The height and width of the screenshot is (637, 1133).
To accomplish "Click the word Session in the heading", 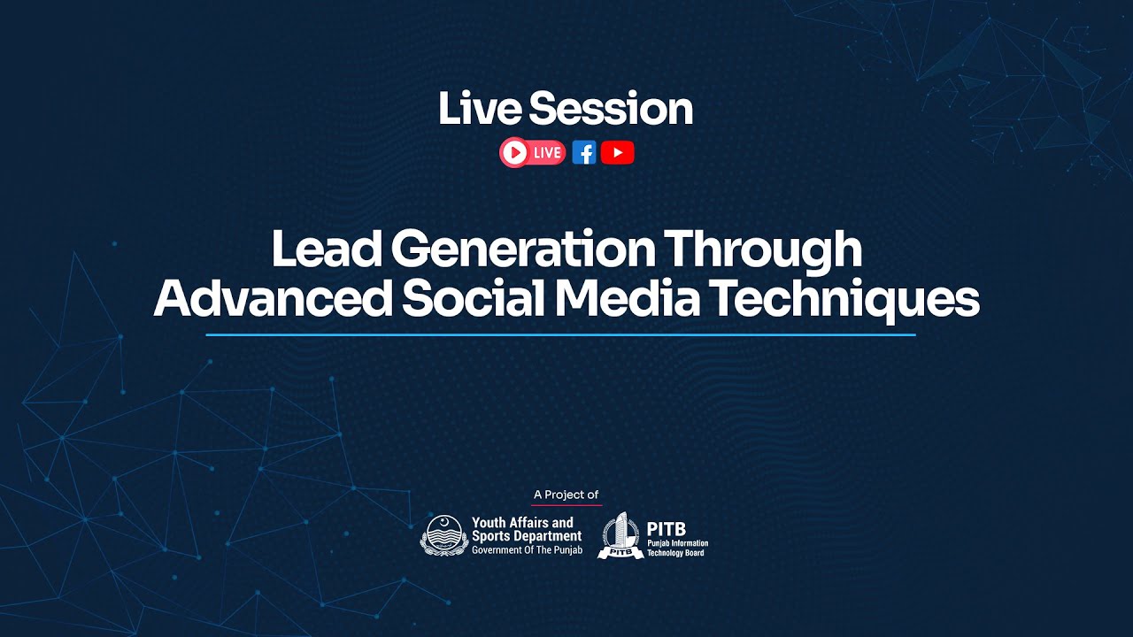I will [610, 109].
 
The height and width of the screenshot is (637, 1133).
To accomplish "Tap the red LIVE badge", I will [532, 153].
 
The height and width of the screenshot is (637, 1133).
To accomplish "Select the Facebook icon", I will [583, 153].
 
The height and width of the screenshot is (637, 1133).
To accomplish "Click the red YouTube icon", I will [617, 153].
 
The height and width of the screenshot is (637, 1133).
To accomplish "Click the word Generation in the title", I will [521, 250].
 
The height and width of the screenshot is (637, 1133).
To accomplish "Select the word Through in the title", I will [763, 250].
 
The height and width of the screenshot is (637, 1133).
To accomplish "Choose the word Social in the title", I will [473, 300].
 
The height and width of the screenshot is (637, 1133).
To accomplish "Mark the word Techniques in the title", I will [844, 300].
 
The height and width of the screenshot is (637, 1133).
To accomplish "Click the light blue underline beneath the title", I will [560, 335].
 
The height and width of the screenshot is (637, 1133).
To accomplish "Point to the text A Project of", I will [566, 495].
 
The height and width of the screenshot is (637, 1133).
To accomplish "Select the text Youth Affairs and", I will [522, 523].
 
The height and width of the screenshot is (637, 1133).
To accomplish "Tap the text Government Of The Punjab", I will [527, 549].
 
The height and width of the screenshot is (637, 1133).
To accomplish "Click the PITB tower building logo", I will [620, 535].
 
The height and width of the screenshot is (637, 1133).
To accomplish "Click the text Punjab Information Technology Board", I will [677, 548].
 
